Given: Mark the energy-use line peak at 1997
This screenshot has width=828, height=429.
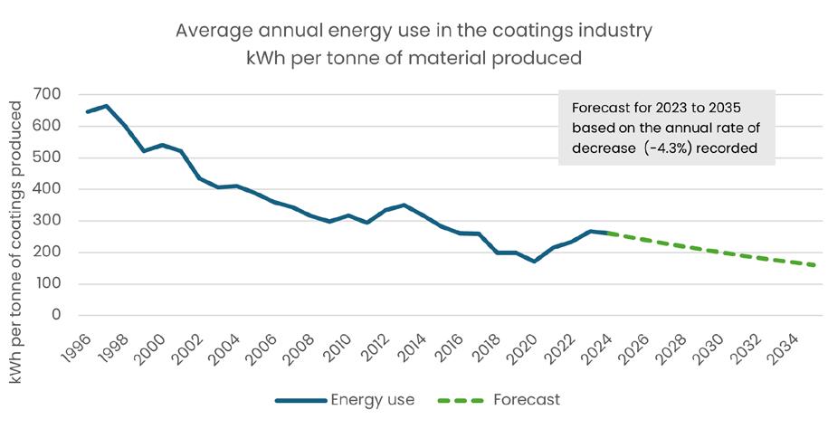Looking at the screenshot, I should tap(105, 106).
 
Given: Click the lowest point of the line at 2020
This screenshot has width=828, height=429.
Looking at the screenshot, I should tap(535, 262).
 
